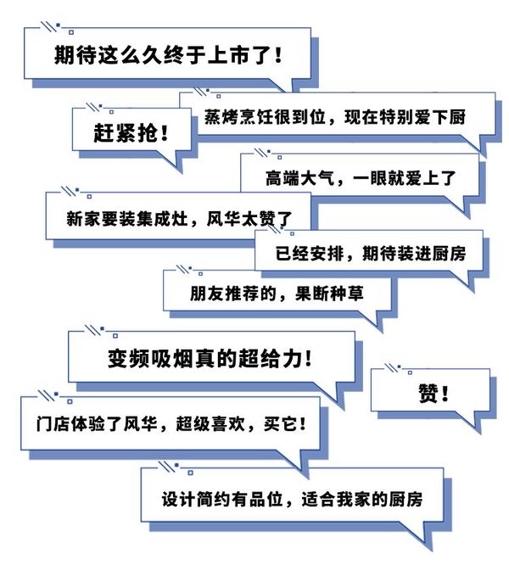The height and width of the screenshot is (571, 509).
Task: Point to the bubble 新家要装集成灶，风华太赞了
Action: coord(178,218)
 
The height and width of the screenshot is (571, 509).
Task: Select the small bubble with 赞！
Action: coord(433,392)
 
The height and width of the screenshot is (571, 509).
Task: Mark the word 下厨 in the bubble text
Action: coord(447,115)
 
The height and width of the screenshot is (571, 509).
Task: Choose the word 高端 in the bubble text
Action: coord(258,178)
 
